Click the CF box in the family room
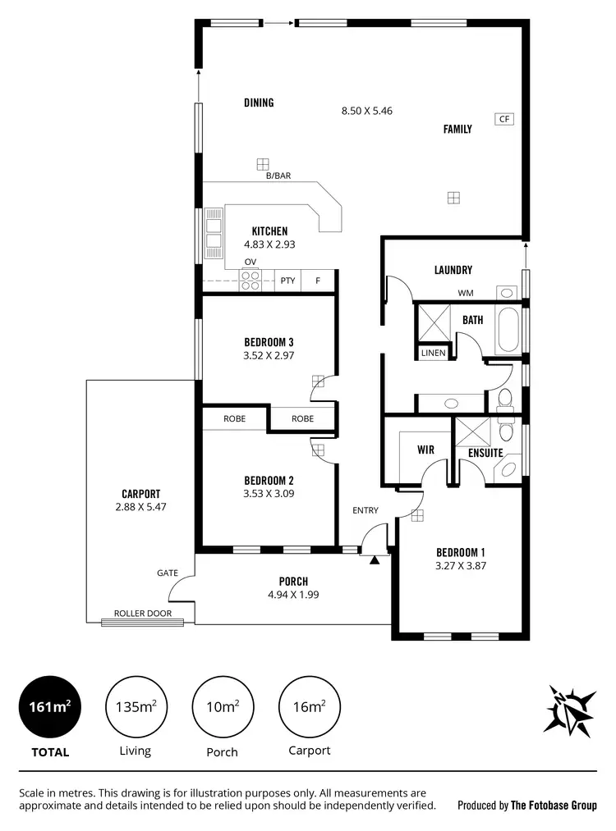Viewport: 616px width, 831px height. pos(503,119)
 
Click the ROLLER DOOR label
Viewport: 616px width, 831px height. pos(149,613)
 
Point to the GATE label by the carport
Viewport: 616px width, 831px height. pos(168,573)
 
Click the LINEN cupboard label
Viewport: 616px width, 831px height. pos(433,353)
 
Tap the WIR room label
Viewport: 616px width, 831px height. pos(425,450)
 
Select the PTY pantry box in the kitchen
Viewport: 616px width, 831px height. pos(287,281)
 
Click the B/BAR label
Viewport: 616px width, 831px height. pos(278,176)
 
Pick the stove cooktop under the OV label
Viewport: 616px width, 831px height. pos(251,281)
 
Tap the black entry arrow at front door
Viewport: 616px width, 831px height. pos(375,560)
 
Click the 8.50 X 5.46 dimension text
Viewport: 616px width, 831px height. pos(367,110)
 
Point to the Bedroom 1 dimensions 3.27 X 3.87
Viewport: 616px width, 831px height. pos(461,565)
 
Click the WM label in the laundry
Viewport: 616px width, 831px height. pos(466,293)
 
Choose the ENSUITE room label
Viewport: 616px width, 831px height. pos(485,452)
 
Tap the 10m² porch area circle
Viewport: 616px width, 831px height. pos(222,706)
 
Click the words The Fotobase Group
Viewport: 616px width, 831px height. pos(554,806)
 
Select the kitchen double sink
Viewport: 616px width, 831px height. pos(214,232)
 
